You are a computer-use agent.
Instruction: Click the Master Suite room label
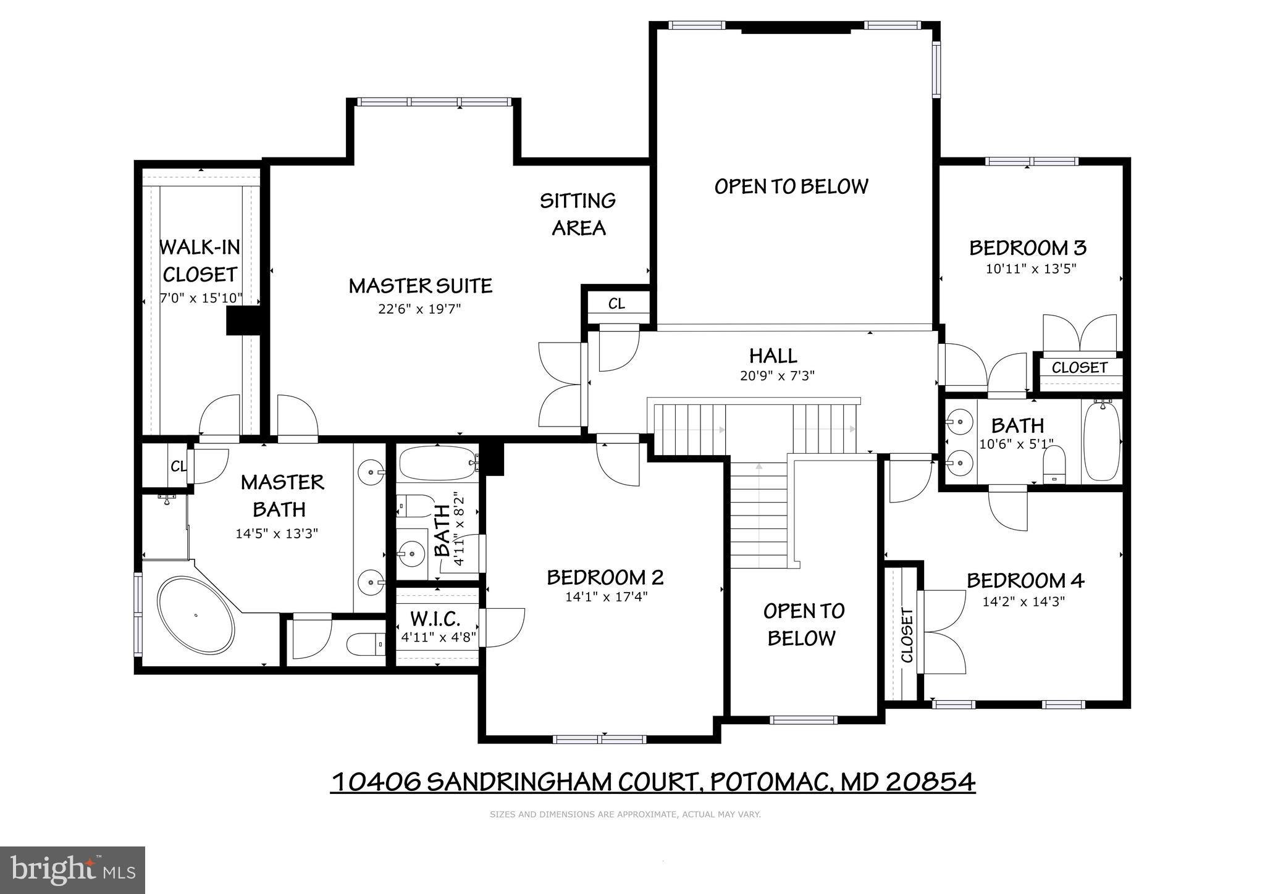click(x=420, y=286)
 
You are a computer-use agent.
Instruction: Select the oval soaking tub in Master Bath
click(x=196, y=615)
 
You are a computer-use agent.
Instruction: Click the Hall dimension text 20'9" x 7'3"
click(x=777, y=375)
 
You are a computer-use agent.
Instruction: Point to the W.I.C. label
click(x=435, y=619)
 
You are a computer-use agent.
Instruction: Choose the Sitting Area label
click(x=578, y=214)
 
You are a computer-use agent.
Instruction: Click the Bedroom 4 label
click(x=1025, y=580)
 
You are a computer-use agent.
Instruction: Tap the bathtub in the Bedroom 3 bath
click(x=1101, y=440)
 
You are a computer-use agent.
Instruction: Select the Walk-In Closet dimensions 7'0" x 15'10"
click(x=201, y=298)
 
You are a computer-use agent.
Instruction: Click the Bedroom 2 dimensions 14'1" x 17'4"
click(x=606, y=597)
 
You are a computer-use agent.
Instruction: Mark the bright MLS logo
click(x=72, y=871)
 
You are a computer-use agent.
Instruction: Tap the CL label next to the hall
click(x=616, y=304)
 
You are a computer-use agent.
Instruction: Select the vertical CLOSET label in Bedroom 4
click(x=907, y=635)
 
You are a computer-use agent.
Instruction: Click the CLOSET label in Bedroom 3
click(x=1080, y=368)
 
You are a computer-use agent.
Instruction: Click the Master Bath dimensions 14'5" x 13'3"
click(x=276, y=533)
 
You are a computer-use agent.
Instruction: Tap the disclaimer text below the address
click(x=625, y=814)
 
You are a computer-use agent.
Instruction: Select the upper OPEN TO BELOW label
click(x=791, y=186)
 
